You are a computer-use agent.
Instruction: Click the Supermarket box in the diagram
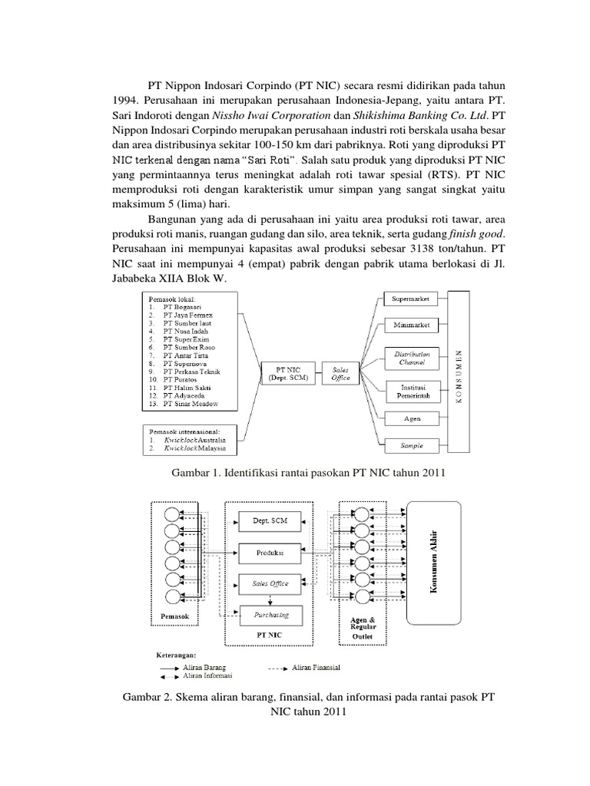click(411, 298)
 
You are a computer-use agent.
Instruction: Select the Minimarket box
click(411, 325)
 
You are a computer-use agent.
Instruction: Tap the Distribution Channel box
click(411, 357)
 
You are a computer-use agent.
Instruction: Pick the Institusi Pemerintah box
click(411, 388)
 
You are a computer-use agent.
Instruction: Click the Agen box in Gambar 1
click(411, 418)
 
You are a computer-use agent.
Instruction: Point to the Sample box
click(411, 445)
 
